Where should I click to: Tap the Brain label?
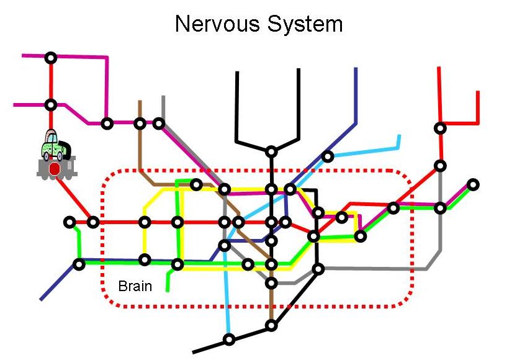pyautogui.click(x=135, y=287)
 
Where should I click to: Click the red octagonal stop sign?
pyautogui.click(x=55, y=168)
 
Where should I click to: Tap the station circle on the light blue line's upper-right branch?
pyautogui.click(x=328, y=156)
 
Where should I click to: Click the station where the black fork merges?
pyautogui.click(x=271, y=151)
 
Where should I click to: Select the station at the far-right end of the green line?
pyautogui.click(x=474, y=184)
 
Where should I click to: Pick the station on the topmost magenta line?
pyautogui.click(x=51, y=58)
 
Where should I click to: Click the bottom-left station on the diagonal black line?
pyautogui.click(x=230, y=339)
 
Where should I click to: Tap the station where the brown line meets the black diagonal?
pyautogui.click(x=271, y=325)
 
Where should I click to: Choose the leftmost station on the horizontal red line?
pyautogui.click(x=70, y=222)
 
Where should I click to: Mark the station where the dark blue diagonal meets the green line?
pyautogui.click(x=79, y=264)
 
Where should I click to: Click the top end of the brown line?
pyautogui.click(x=140, y=101)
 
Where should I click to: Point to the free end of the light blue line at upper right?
pyautogui.click(x=399, y=136)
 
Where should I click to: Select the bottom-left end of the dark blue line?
pyautogui.click(x=42, y=300)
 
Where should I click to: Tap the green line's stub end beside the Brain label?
pyautogui.click(x=168, y=290)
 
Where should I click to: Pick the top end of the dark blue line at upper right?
pyautogui.click(x=356, y=68)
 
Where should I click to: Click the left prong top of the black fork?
pyautogui.click(x=236, y=72)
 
